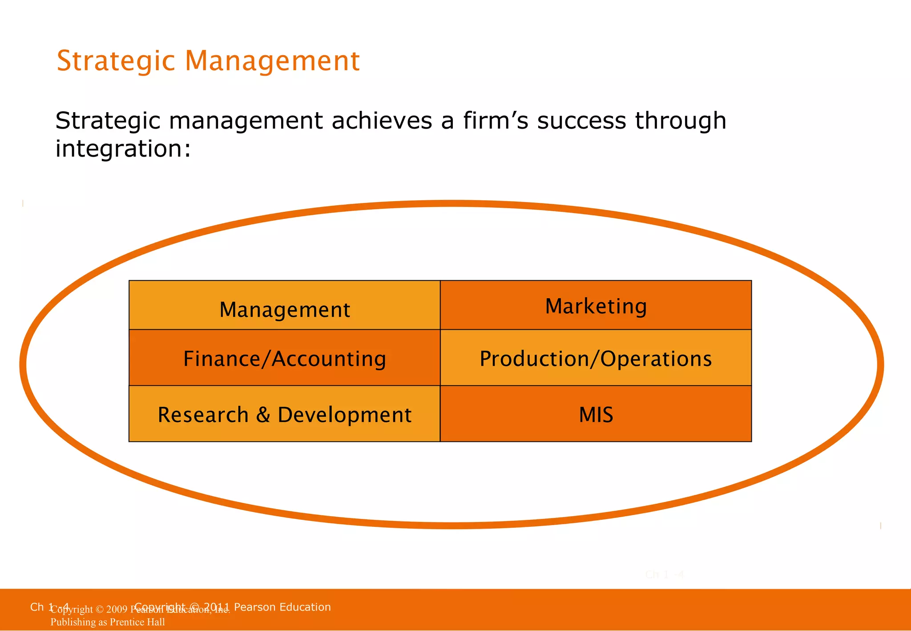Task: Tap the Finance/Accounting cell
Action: (x=285, y=358)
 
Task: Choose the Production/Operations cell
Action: (x=596, y=358)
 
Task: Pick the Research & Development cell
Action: (x=285, y=414)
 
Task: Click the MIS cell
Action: (x=596, y=414)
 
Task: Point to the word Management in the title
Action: (x=272, y=61)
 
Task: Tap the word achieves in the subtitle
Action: (x=382, y=121)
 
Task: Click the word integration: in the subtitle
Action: (x=123, y=149)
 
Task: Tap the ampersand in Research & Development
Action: (x=263, y=415)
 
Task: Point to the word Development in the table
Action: (x=345, y=415)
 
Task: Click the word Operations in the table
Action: (x=656, y=359)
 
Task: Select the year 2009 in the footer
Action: (x=117, y=610)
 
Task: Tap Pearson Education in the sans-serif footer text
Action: (x=282, y=607)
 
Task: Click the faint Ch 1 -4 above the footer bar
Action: (x=664, y=574)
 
